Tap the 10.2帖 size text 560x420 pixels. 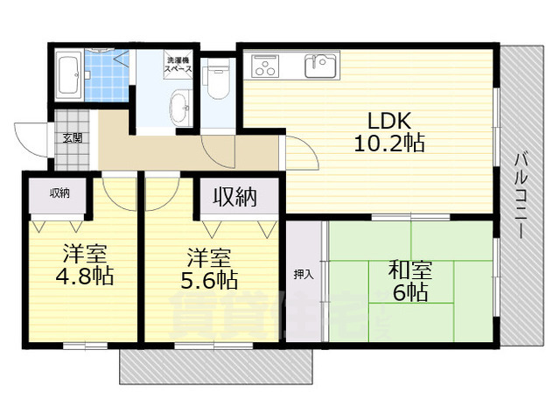[x=388, y=143]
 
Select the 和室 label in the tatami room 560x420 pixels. [x=409, y=269]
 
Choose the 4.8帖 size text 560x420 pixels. [x=84, y=276]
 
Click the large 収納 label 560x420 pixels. [x=235, y=198]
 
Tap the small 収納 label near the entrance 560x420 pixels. [x=59, y=193]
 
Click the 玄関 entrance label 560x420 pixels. [x=72, y=137]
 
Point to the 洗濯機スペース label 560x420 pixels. [x=180, y=63]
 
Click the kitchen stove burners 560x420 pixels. [x=263, y=65]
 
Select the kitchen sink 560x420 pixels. [x=320, y=65]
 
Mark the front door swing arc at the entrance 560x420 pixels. [x=31, y=140]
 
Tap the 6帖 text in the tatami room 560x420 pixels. [x=409, y=293]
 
